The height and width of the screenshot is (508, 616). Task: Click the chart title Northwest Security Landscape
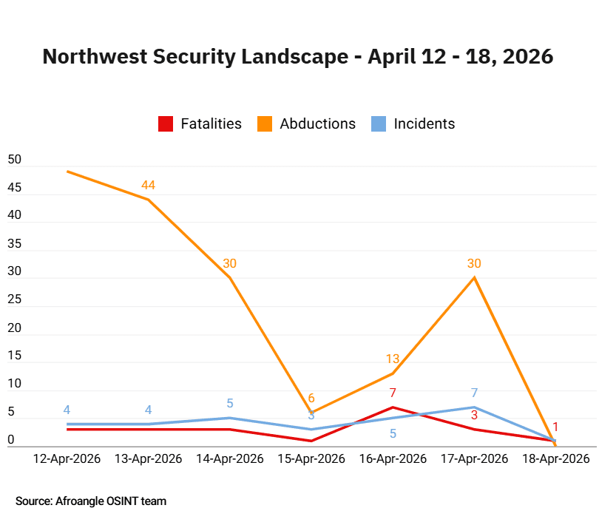297,57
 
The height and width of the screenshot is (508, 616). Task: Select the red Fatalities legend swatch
166,124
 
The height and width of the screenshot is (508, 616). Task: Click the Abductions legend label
317,124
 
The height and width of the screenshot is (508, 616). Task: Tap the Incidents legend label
424,124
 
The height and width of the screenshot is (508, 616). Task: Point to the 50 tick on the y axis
15,160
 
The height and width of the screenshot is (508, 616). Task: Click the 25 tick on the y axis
15,300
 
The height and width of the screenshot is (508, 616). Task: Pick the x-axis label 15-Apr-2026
311,458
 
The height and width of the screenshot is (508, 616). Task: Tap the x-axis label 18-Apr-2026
555,458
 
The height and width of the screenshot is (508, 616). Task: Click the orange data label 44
149,185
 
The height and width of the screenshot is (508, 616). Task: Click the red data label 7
393,393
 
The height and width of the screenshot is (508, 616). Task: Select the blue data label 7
474,393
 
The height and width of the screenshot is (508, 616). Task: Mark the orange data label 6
311,399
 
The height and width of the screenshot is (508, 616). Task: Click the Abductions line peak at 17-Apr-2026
474,278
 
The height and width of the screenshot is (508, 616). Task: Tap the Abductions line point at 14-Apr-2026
230,278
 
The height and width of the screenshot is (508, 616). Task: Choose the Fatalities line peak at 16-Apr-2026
393,407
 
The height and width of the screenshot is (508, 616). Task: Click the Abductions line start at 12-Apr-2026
67,172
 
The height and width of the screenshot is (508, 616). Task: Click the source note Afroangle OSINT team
91,501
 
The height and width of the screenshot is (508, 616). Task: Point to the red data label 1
555,427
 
